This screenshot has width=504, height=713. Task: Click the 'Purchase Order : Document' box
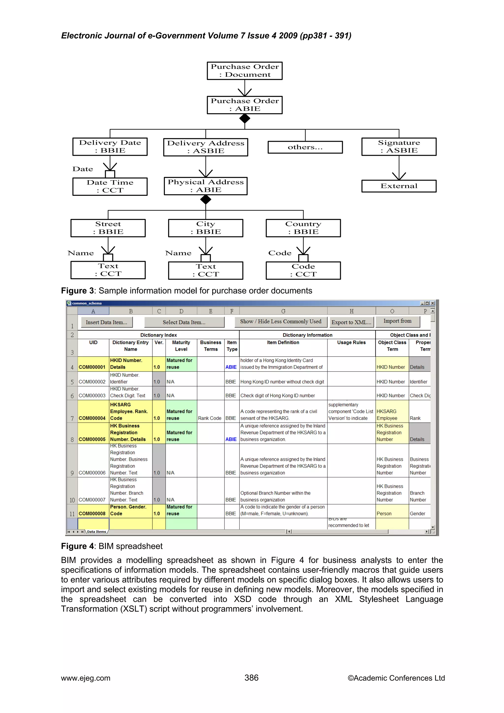point(245,71)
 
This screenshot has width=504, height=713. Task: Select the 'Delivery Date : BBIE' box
point(110,147)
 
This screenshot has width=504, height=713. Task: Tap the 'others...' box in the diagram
point(305,147)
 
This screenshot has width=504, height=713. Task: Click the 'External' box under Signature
point(399,186)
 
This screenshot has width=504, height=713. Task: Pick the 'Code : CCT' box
point(303,270)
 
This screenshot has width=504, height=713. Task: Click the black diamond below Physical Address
point(205,200)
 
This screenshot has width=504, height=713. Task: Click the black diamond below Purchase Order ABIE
point(245,118)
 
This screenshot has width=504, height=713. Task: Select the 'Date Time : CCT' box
point(110,186)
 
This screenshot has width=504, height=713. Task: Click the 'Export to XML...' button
point(351,322)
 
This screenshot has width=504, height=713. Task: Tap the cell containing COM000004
point(92,418)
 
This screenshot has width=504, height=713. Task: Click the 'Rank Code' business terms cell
point(210,418)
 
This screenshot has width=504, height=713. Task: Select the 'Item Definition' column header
point(283,342)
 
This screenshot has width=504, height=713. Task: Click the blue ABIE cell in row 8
point(231,439)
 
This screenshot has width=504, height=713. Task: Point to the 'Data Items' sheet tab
point(96,532)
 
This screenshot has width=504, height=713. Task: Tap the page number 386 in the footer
point(251,678)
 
